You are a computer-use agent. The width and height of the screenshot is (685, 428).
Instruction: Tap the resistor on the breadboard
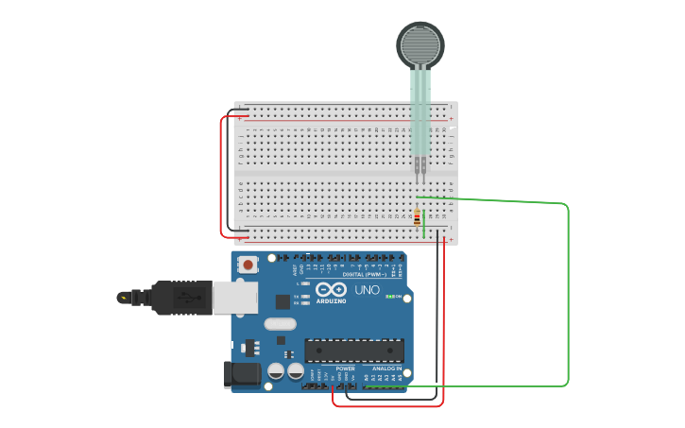point(418,217)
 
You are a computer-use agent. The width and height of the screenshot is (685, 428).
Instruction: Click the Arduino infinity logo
point(332,289)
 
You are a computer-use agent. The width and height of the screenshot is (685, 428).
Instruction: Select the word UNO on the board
point(367,290)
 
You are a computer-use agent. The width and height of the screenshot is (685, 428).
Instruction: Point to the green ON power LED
point(389,297)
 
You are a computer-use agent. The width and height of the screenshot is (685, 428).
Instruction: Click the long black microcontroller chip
point(353,351)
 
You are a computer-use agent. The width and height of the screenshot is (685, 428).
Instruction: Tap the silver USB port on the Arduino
point(234,297)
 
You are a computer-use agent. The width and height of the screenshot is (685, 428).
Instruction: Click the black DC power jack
point(240,375)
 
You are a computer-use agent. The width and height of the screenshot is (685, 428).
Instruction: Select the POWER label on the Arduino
point(346,368)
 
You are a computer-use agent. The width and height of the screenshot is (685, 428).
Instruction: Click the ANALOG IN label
point(389,368)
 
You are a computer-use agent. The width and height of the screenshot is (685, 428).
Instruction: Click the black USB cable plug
point(180,297)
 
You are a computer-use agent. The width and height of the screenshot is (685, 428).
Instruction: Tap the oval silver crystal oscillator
point(281,324)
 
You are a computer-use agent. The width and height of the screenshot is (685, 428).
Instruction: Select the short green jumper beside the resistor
point(424,226)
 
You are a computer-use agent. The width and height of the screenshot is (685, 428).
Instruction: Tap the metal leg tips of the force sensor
point(420,170)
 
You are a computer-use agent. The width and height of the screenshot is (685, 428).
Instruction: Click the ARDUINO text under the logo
point(332,300)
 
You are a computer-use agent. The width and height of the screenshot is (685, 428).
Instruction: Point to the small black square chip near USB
point(282,301)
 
